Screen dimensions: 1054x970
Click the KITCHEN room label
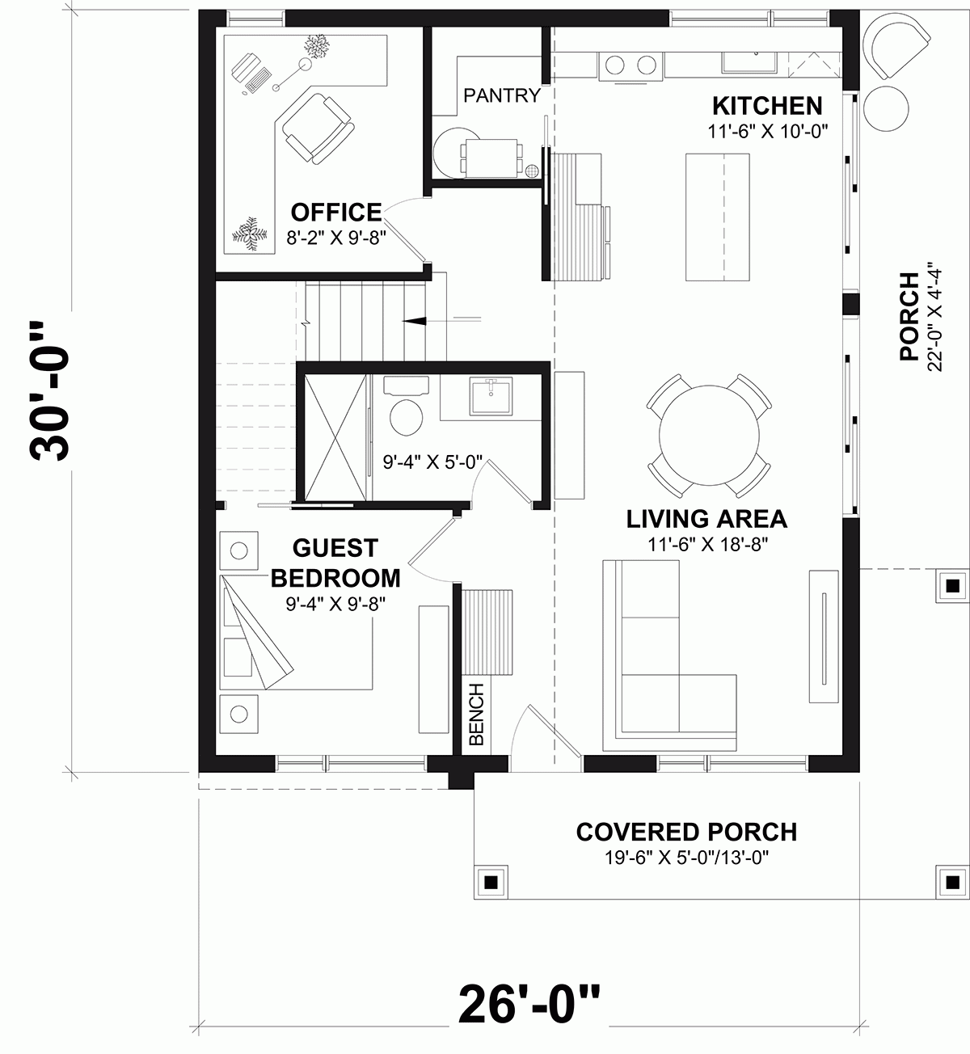766,106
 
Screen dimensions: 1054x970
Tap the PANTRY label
501,96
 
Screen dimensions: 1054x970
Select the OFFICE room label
335,213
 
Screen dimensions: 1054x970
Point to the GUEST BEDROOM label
335,563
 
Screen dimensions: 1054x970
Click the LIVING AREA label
706,519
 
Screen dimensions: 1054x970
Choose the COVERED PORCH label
685,832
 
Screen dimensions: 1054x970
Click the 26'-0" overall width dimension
529,1004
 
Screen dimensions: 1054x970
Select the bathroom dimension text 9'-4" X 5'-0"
432,462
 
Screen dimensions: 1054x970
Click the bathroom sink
490,395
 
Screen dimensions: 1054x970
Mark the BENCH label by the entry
476,715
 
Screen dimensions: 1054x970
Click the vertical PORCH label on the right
909,316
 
